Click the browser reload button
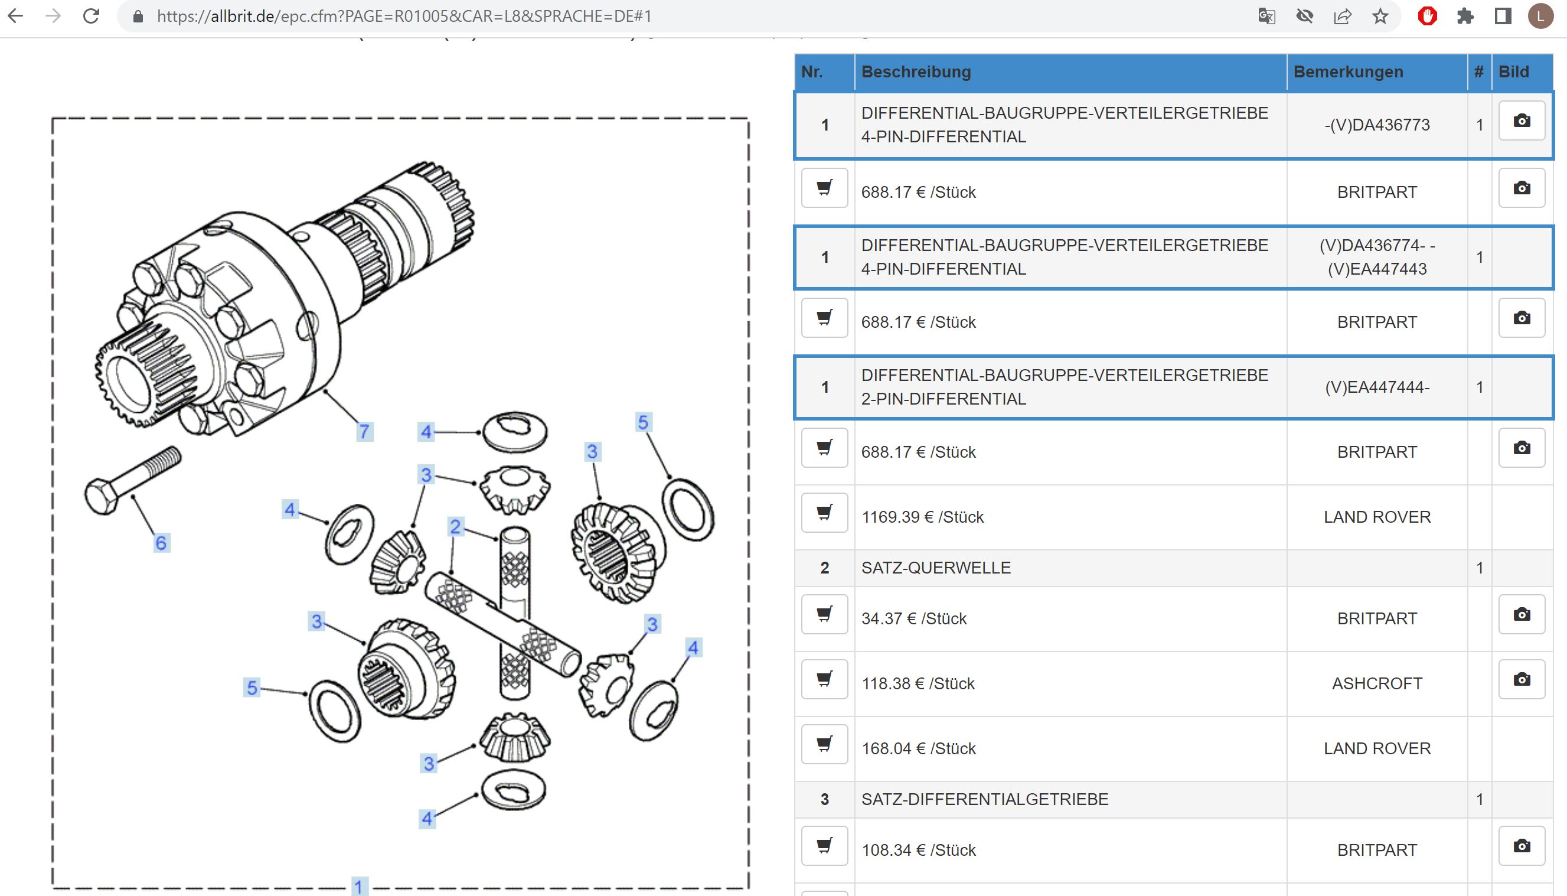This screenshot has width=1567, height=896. (x=91, y=16)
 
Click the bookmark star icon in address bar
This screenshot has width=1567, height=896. (x=1380, y=16)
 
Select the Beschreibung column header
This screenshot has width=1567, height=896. (x=916, y=72)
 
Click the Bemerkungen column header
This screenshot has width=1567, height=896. (x=1348, y=72)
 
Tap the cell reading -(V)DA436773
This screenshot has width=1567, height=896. (x=1377, y=125)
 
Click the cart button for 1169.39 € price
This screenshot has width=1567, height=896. (x=824, y=513)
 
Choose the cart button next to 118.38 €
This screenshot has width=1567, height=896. (x=824, y=679)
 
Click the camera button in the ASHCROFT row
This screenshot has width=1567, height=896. (x=1522, y=679)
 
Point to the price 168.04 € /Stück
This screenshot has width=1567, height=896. (x=918, y=748)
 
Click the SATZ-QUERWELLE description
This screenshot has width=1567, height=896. (x=935, y=568)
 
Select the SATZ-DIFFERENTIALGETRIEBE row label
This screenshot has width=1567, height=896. (x=985, y=799)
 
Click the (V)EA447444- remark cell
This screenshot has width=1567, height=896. (x=1377, y=387)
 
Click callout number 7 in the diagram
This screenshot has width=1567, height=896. (x=365, y=431)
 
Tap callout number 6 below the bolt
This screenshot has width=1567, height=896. (x=161, y=543)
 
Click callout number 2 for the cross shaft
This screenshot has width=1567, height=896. (x=455, y=527)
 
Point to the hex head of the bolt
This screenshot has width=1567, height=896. (x=101, y=496)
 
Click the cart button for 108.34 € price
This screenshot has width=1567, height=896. (x=824, y=846)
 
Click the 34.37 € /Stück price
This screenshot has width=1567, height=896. (x=913, y=618)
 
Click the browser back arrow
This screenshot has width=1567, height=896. (x=16, y=16)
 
